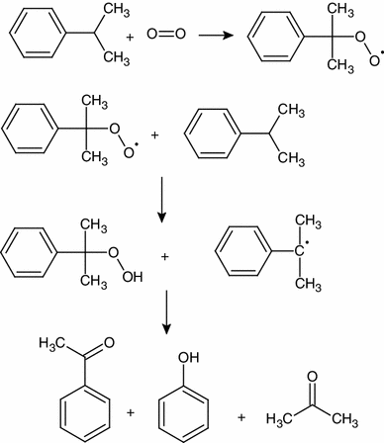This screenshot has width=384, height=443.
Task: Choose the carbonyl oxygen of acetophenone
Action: pyautogui.click(x=109, y=343)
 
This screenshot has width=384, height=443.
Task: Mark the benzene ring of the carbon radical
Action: pyautogui.click(x=241, y=253)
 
